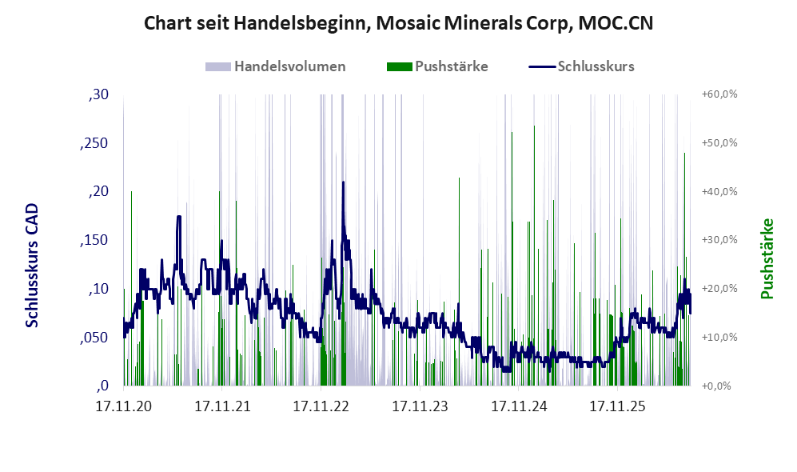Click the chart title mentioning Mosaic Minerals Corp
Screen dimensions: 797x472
click(x=398, y=23)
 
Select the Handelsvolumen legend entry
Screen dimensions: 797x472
click(x=276, y=66)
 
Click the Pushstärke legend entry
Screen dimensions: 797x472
click(x=437, y=66)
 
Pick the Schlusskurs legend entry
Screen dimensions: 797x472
click(x=581, y=66)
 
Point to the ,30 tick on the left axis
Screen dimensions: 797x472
click(x=98, y=94)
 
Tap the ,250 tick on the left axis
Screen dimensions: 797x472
click(x=94, y=143)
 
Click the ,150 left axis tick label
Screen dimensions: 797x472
click(x=94, y=240)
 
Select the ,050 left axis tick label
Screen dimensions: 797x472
click(x=94, y=338)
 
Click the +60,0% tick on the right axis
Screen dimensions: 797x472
click(x=719, y=94)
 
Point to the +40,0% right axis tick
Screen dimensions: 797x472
click(x=719, y=191)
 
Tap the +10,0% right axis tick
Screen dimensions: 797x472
click(x=719, y=338)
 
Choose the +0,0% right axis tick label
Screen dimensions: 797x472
click(x=717, y=386)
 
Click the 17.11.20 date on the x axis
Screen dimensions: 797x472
click(x=124, y=406)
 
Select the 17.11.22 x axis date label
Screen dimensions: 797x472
click(x=321, y=406)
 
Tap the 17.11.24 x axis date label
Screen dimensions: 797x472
click(x=519, y=406)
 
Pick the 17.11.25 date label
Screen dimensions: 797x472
click(x=618, y=406)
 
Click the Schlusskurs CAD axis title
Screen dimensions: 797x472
click(x=32, y=265)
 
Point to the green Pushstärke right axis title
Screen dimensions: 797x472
click(x=767, y=258)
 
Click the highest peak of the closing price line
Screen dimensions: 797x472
click(x=343, y=182)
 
